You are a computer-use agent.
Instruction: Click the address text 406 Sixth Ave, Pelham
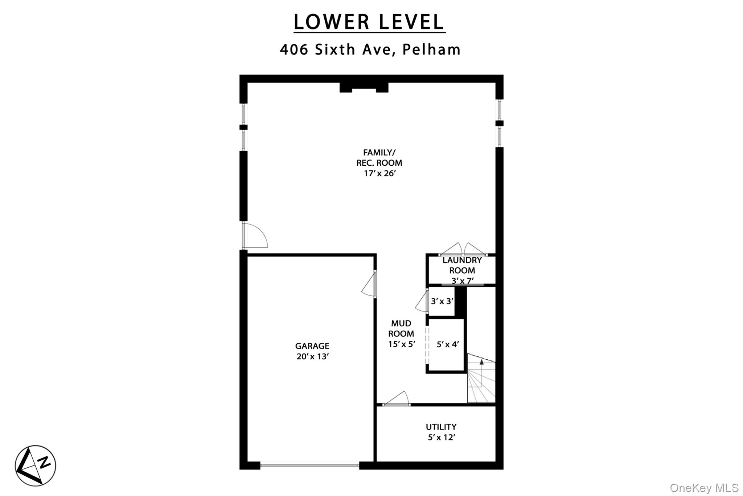click(370, 49)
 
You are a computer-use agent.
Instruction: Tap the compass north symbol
click(35, 465)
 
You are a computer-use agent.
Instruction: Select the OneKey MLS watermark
click(704, 488)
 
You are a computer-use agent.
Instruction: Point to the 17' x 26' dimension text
click(379, 173)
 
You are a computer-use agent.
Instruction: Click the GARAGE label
click(312, 346)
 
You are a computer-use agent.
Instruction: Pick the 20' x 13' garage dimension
click(312, 356)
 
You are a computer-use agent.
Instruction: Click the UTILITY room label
click(441, 427)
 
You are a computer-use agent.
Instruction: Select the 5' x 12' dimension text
click(442, 437)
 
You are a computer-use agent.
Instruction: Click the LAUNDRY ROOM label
click(462, 265)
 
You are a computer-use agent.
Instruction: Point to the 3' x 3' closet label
click(442, 301)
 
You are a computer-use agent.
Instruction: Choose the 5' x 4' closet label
click(448, 344)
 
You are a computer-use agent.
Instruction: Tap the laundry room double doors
click(463, 250)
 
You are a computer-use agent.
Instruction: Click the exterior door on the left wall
click(255, 235)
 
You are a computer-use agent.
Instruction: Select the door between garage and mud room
click(369, 284)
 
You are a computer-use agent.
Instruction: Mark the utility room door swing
click(396, 398)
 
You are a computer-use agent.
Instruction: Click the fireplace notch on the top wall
click(364, 88)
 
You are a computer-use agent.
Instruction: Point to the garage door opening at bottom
click(310, 465)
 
